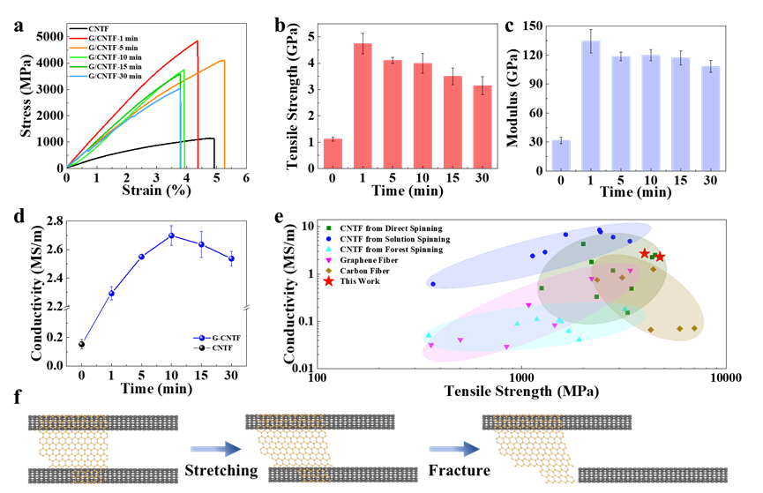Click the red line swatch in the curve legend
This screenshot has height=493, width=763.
[78, 39]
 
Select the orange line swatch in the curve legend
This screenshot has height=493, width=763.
[78, 49]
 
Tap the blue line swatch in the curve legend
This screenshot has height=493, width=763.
[78, 77]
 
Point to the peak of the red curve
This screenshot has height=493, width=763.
[197, 41]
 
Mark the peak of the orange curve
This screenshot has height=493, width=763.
[223, 61]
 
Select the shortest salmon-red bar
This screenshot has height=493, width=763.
[333, 153]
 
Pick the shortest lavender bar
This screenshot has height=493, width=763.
[561, 154]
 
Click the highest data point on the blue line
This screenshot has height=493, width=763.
[171, 235]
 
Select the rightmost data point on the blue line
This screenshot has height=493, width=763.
[231, 258]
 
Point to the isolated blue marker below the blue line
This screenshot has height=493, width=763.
[201, 337]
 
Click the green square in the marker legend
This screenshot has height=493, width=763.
[329, 228]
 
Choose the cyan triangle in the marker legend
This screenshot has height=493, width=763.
[329, 250]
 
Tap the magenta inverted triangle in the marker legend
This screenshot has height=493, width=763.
[329, 260]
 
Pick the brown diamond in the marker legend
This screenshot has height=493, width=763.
[329, 271]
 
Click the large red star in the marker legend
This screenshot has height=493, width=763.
[329, 281]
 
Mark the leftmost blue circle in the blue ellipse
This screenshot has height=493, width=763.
[433, 284]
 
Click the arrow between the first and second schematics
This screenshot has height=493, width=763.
[215, 449]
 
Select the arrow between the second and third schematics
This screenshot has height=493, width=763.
[454, 449]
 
